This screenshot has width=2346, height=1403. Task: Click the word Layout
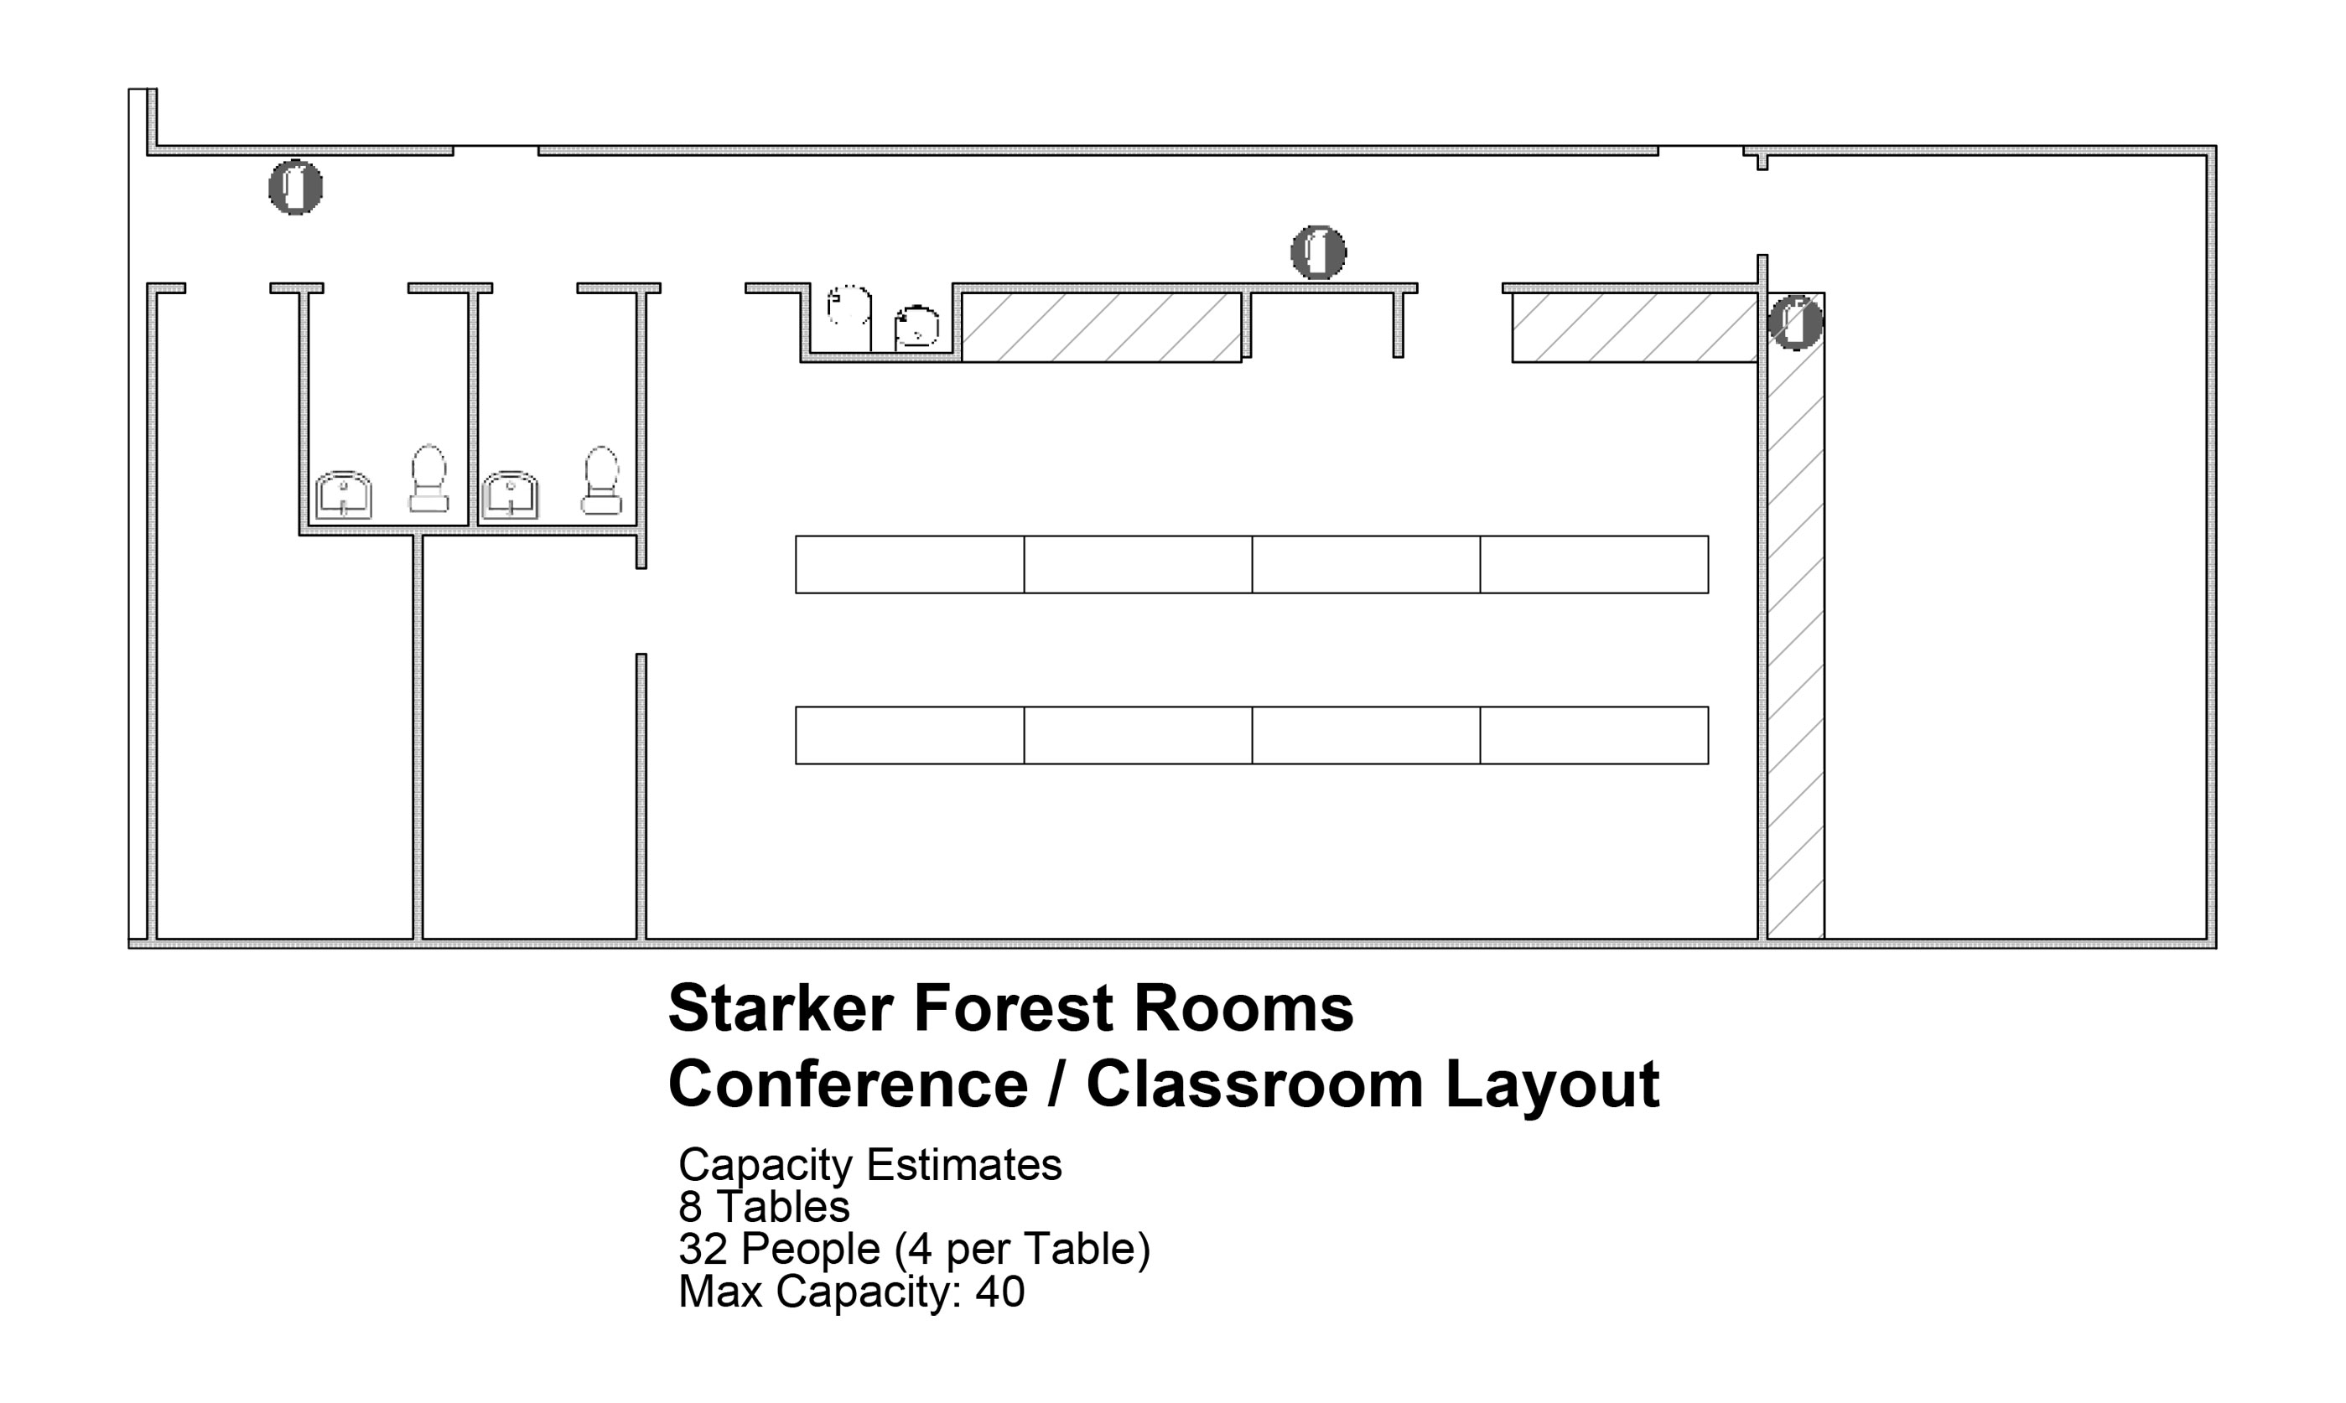[x=1552, y=1088]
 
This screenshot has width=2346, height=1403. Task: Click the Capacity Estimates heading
[x=870, y=1166]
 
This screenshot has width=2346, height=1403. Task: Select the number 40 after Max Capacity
[x=999, y=1292]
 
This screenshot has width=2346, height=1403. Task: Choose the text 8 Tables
[x=764, y=1207]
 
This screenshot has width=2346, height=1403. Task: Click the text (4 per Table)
[x=1022, y=1250]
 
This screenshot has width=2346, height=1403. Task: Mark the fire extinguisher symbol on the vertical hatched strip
[x=1795, y=323]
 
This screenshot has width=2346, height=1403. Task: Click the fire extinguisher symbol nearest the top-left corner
[x=295, y=187]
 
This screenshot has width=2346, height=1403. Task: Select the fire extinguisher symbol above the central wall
[x=1318, y=252]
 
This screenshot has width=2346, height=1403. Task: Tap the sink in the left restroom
[x=343, y=494]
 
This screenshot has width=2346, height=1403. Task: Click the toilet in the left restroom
[x=428, y=479]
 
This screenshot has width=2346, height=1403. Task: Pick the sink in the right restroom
[x=510, y=494]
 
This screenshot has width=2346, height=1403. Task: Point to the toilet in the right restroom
[x=601, y=480]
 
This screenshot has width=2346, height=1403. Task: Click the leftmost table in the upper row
[x=910, y=564]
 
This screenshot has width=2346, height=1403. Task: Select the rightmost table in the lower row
[x=1594, y=734]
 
